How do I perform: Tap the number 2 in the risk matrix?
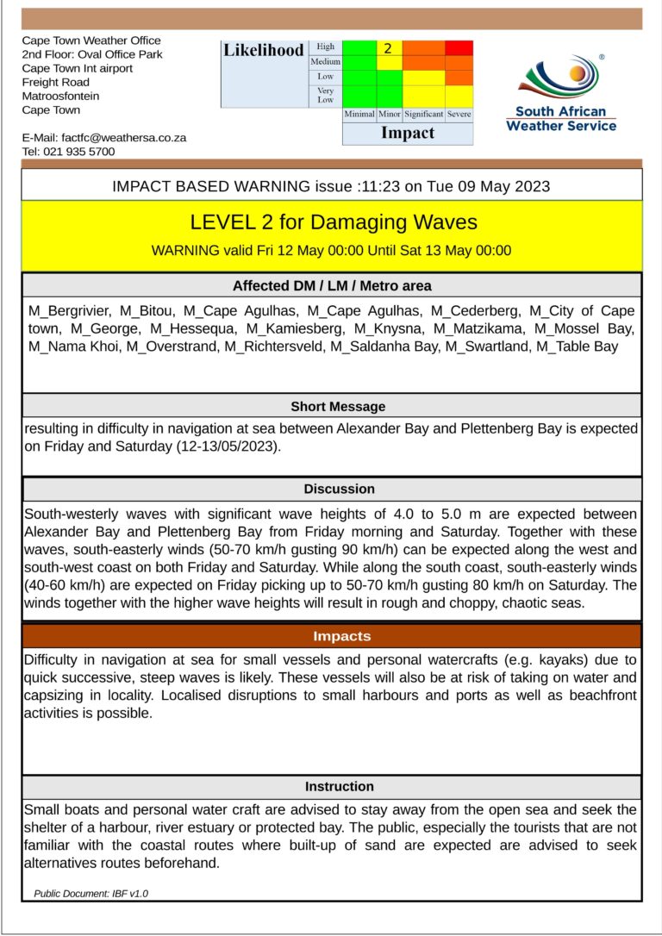[x=389, y=48]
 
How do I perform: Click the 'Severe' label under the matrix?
[x=459, y=114]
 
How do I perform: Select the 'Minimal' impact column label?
[x=359, y=114]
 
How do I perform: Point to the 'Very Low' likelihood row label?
[x=325, y=95]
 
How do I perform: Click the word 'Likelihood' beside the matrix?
[x=264, y=50]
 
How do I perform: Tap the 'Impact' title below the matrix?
[x=408, y=133]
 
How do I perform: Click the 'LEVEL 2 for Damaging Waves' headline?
[x=333, y=222]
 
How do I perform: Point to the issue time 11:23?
[x=397, y=185]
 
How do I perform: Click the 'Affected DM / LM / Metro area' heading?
[x=332, y=285]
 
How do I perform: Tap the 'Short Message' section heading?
[x=338, y=406]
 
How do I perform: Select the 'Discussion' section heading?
[x=339, y=489]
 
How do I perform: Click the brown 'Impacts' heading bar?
[x=342, y=636]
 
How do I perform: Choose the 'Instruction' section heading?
[x=339, y=786]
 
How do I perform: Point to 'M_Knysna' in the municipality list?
[x=385, y=328]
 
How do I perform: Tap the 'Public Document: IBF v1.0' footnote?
[x=91, y=894]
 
